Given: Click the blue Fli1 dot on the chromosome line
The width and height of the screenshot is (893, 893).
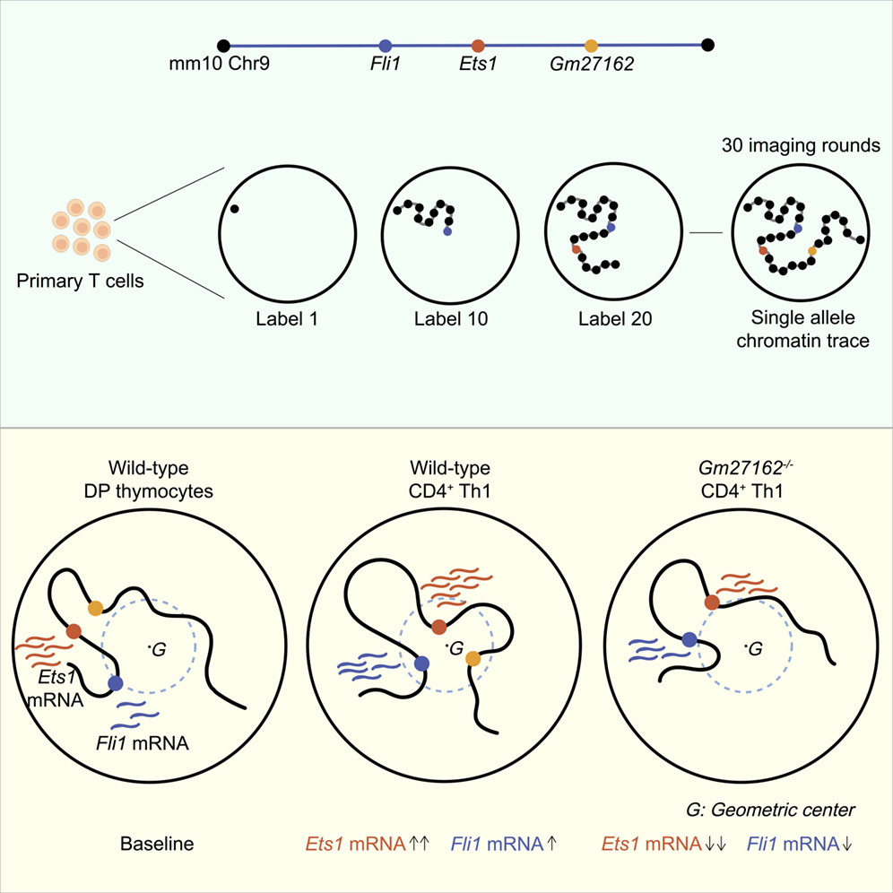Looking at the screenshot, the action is pyautogui.click(x=386, y=46).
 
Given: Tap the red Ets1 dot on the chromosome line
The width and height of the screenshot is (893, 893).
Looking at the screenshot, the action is pyautogui.click(x=478, y=46).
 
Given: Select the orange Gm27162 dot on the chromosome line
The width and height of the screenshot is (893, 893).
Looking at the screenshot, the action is pyautogui.click(x=591, y=46).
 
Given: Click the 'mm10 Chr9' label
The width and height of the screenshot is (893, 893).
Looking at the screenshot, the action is pyautogui.click(x=220, y=64).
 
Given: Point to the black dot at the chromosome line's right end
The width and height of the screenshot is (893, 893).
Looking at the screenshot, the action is pyautogui.click(x=707, y=45).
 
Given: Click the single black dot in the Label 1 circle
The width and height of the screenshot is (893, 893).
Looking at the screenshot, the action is pyautogui.click(x=234, y=209).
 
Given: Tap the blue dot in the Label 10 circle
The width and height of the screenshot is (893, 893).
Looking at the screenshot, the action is pyautogui.click(x=447, y=232).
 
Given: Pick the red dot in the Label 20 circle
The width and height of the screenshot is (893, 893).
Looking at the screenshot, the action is pyautogui.click(x=576, y=249).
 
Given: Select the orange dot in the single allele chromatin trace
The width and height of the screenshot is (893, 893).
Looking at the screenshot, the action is pyautogui.click(x=812, y=250).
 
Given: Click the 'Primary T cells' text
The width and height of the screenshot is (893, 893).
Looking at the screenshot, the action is pyautogui.click(x=80, y=281).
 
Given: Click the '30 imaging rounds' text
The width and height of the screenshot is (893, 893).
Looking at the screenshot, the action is pyautogui.click(x=801, y=145).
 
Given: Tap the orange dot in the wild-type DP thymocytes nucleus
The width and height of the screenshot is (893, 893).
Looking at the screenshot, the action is pyautogui.click(x=95, y=608).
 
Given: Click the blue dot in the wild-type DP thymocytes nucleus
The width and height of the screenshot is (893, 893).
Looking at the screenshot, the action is pyautogui.click(x=115, y=683).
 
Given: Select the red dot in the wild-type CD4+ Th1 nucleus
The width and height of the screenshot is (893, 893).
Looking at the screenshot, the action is pyautogui.click(x=438, y=627).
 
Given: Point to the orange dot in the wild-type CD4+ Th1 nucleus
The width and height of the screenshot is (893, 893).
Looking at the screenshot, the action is pyautogui.click(x=473, y=659).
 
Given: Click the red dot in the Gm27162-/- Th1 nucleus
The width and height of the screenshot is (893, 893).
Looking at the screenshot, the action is pyautogui.click(x=711, y=602).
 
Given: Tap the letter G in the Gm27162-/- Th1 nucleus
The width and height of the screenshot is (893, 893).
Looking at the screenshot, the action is pyautogui.click(x=756, y=648).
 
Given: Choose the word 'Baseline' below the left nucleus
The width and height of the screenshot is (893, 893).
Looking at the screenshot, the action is pyautogui.click(x=157, y=844).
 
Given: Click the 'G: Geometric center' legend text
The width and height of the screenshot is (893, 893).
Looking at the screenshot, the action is pyautogui.click(x=770, y=810).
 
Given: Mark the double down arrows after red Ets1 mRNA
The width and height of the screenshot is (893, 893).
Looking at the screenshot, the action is pyautogui.click(x=715, y=844).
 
